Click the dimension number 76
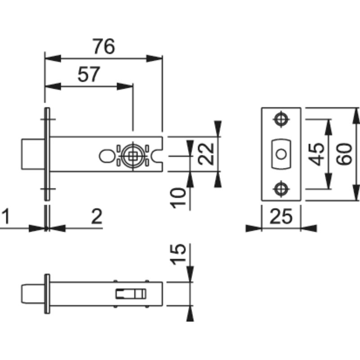[x=103, y=46]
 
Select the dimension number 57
[x=89, y=74]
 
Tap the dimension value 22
[x=206, y=154]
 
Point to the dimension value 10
[x=177, y=198]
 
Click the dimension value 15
[x=177, y=254]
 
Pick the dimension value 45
[x=316, y=154]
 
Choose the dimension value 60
[x=344, y=154]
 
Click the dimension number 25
[x=281, y=216]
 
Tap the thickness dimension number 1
[x=6, y=216]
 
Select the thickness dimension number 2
[x=96, y=216]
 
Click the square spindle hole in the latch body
[x=133, y=156]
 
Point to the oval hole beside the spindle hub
[x=107, y=156]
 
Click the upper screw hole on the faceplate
[x=281, y=119]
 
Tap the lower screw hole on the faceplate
[x=281, y=189]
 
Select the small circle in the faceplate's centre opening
[x=281, y=154]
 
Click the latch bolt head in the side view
[x=33, y=154]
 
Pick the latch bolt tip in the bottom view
[x=33, y=294]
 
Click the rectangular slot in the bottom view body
[x=130, y=294]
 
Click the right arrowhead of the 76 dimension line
[x=154, y=58]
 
